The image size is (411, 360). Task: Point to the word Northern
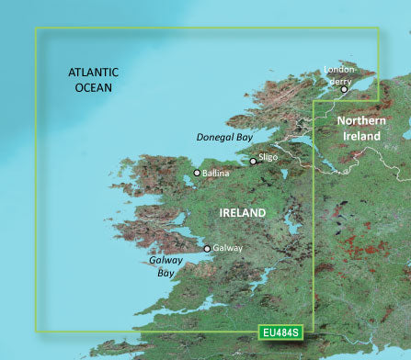click(x=363, y=121)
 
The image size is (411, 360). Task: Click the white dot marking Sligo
click(x=254, y=162)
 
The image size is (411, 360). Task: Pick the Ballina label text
click(x=216, y=172)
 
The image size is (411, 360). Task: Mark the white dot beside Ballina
click(x=197, y=173)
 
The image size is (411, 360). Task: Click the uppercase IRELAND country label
click(x=243, y=212)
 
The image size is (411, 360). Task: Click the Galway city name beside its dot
click(x=226, y=248)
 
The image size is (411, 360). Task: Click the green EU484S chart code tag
click(x=280, y=330)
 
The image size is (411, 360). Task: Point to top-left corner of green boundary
click(x=36, y=28)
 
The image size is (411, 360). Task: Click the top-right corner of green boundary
click(x=379, y=28)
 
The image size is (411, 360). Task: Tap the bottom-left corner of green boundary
click(x=36, y=331)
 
